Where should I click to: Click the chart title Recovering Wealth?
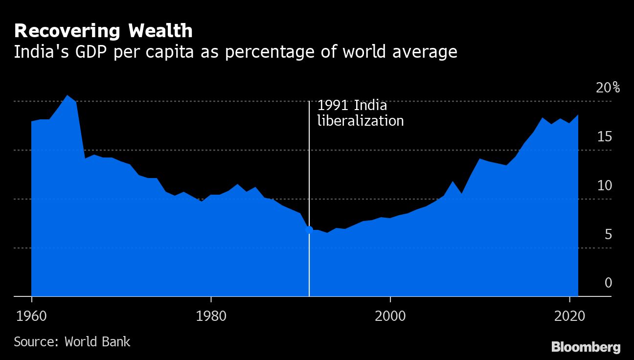point(103,31)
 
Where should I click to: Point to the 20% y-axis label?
point(608,88)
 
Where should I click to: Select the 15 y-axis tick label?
point(605,136)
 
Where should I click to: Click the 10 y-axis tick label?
point(605,185)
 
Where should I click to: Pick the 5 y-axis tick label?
point(608,234)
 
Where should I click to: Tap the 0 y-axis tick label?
point(608,283)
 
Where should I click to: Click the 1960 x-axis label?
point(31,316)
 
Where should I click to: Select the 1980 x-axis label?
point(211,316)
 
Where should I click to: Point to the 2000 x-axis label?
point(390,316)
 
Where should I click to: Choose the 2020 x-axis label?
point(570,316)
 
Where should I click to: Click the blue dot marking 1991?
point(309,229)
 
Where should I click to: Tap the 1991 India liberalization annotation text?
point(361,113)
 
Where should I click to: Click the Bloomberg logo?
point(586,347)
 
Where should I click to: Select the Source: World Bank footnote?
point(72,341)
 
